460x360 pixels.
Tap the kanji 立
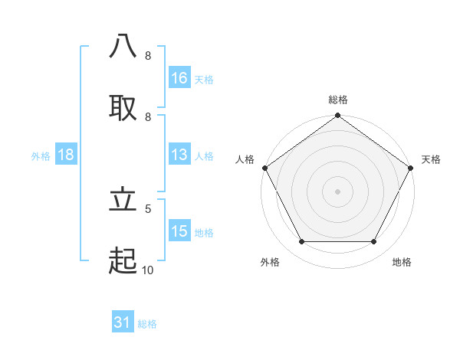[123, 201]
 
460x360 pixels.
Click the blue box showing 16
[179, 78]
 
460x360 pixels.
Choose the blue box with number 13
[179, 155]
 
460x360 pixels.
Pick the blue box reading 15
[179, 231]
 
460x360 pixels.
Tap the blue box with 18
[66, 155]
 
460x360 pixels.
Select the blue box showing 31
[123, 323]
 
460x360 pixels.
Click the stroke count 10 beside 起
[148, 270]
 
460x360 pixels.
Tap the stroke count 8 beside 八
[148, 56]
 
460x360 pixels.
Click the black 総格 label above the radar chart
[338, 100]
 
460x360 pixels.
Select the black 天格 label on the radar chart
[431, 159]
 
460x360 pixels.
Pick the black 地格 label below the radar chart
[402, 262]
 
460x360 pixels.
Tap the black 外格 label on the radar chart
[270, 262]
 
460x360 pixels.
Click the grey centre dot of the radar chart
[338, 191]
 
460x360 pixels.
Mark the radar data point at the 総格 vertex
[338, 116]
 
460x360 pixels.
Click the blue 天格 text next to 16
[204, 79]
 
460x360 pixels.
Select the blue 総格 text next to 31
[147, 324]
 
